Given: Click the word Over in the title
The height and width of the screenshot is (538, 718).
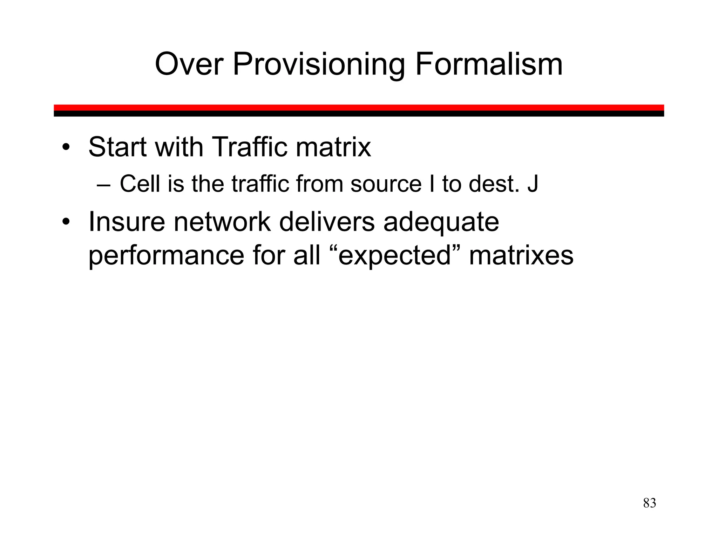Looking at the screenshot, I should click(x=189, y=64).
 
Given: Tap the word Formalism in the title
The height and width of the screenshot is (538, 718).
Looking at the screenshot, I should click(x=489, y=64).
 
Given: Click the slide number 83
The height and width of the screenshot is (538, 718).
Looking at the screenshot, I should click(x=649, y=503).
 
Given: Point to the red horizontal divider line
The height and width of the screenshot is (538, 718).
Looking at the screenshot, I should click(x=359, y=108).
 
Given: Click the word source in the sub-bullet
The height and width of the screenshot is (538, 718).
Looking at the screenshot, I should click(x=386, y=184).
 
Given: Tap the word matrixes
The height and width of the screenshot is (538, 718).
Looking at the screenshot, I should click(x=521, y=256).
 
